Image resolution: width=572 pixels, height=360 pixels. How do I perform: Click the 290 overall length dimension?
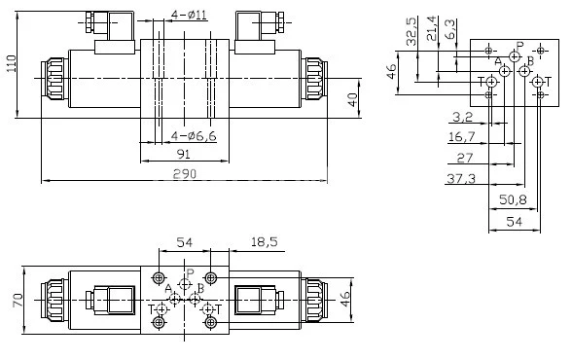pos(185,173)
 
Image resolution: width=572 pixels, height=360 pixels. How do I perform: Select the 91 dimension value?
pos(184,154)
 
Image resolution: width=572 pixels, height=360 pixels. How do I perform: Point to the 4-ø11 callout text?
pos(188,14)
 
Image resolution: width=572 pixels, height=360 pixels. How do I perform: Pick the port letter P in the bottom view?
pos(191,273)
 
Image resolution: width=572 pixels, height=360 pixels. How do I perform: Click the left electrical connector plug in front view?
pos(100,21)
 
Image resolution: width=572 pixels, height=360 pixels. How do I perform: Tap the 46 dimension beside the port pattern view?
pos(391,76)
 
